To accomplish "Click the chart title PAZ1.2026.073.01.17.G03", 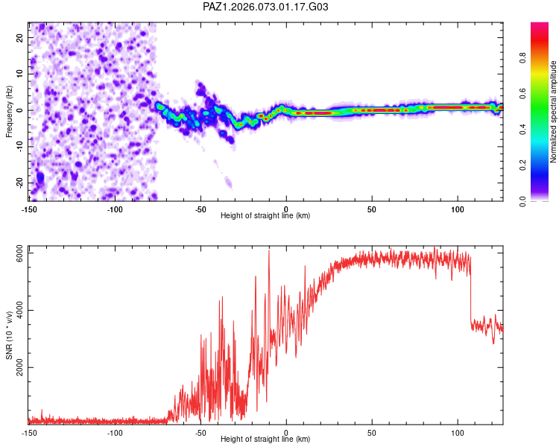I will (265, 7).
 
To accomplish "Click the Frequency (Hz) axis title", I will (9, 110).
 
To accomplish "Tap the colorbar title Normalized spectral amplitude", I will (554, 112).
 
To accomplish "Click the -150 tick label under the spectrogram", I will (30, 209).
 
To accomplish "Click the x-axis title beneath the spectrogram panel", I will (265, 216).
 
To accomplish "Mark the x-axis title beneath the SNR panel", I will (265, 440).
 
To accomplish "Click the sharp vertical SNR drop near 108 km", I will (471, 298).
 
